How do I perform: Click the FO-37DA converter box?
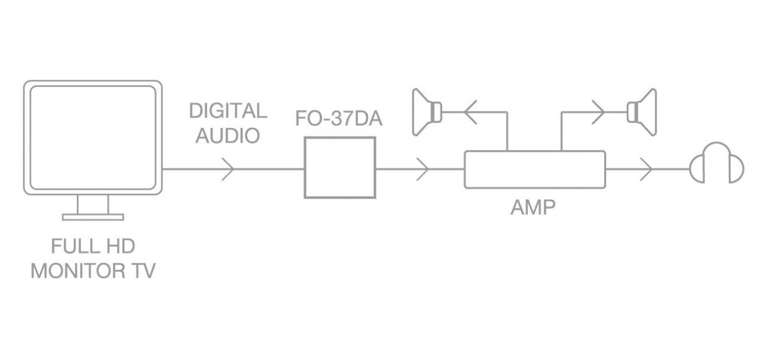[x=340, y=167]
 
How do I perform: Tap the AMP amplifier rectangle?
[x=535, y=169]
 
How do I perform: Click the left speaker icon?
[x=427, y=111]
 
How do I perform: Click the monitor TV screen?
[x=93, y=137]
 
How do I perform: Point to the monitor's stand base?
[x=93, y=217]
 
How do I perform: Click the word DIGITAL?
[x=228, y=111]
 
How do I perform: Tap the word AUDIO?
[x=228, y=136]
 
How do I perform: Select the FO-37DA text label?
[x=339, y=119]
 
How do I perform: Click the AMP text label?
[x=533, y=208]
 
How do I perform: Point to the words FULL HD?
[x=93, y=247]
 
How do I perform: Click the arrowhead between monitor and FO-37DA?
[x=229, y=169]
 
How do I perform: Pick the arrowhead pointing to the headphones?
[x=646, y=169]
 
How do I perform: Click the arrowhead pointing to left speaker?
[x=470, y=112]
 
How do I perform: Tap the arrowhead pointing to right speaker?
[x=598, y=112]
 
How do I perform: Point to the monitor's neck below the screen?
[x=93, y=204]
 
